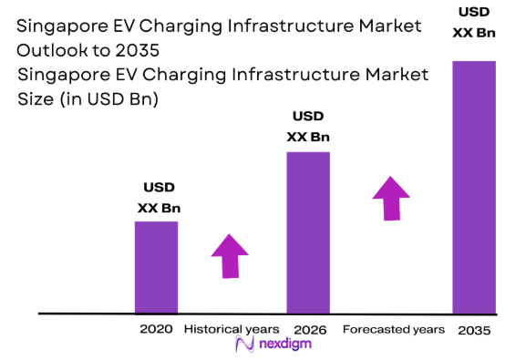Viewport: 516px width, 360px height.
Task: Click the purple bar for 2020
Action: (156, 266)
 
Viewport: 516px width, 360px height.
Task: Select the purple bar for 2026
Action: (308, 231)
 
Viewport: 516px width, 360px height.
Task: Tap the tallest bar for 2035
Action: (474, 187)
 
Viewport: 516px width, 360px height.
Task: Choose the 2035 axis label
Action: (474, 329)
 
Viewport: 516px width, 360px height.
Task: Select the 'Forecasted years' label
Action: (393, 328)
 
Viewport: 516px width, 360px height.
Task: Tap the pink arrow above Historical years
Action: (230, 256)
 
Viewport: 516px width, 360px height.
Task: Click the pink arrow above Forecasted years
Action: (391, 198)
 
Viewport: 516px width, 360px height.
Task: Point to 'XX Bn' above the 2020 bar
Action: (159, 208)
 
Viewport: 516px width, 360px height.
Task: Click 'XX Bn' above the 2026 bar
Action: (308, 137)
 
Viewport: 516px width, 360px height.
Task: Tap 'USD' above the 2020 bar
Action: (159, 188)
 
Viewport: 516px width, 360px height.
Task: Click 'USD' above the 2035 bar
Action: (474, 13)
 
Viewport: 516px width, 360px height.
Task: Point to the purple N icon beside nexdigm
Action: (243, 345)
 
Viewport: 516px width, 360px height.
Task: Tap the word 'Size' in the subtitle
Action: (36, 99)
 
